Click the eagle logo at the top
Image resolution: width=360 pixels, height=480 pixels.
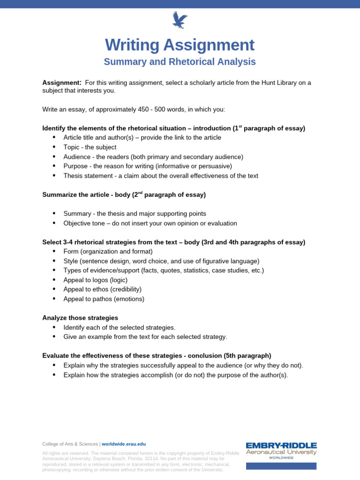click(x=180, y=20)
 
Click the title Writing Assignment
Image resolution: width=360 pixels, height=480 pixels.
click(x=180, y=45)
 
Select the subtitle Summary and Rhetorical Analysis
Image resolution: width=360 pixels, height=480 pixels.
click(x=180, y=62)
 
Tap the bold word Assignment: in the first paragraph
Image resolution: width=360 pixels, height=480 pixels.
click(x=62, y=83)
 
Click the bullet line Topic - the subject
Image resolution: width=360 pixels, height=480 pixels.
click(x=90, y=147)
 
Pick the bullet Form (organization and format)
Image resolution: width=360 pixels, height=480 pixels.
click(x=108, y=251)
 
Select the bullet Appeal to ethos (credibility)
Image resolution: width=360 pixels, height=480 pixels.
click(x=102, y=289)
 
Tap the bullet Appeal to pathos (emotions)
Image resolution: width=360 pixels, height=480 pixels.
click(x=104, y=299)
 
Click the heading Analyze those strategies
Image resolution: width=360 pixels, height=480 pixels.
click(x=80, y=318)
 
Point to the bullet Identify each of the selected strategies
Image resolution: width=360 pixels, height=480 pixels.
click(x=119, y=327)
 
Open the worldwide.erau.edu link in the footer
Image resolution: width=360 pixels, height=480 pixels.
click(x=124, y=444)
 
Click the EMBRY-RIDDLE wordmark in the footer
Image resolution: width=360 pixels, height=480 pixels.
click(x=281, y=445)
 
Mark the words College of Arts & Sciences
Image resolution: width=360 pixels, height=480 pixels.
click(x=70, y=444)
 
